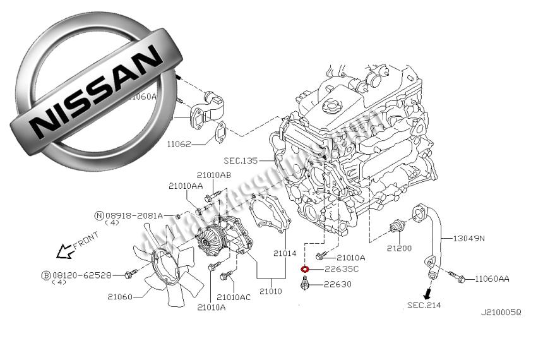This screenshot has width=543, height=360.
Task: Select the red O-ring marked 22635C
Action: pos(305,269)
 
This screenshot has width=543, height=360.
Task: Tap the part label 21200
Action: pos(399,248)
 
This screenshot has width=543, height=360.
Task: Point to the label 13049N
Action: pos(468,238)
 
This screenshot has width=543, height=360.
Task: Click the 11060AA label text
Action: pos(492,278)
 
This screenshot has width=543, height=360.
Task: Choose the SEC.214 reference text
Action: pos(424,306)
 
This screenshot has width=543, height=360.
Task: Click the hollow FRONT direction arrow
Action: pos(64,253)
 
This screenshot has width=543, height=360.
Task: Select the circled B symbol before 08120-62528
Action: pos(45,275)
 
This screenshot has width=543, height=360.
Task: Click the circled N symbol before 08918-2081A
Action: pos(99,215)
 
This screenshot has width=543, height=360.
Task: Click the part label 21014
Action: pos(285,253)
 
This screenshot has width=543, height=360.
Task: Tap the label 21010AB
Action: pos(213,175)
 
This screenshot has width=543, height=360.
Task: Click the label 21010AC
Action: pos(234,297)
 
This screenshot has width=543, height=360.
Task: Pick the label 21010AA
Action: pos(186,186)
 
